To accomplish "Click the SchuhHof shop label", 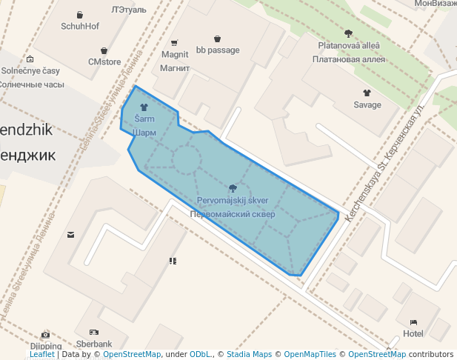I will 80,26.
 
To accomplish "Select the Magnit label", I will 175,54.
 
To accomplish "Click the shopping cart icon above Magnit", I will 175,42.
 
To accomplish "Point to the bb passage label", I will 218,50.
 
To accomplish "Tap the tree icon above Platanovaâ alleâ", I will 348,33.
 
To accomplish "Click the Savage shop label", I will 367,104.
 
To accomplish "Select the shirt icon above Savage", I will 367,93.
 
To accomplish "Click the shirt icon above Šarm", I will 144,107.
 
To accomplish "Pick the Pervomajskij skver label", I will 233,201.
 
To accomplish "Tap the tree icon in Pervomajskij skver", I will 233,188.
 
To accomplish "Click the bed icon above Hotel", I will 413,322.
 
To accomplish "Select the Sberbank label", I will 94,344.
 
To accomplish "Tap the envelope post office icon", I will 70,235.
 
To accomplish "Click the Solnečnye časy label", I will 30,71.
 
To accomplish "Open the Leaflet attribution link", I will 41,355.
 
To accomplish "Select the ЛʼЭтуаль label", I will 129,10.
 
